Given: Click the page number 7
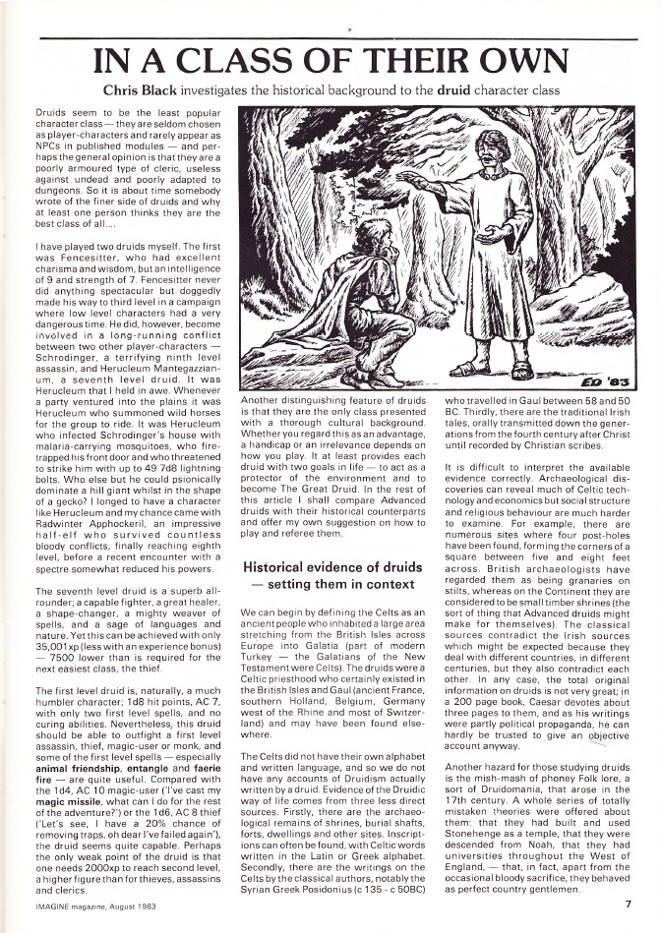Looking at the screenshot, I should (626, 903).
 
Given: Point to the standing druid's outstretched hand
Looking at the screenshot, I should (410, 184).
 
